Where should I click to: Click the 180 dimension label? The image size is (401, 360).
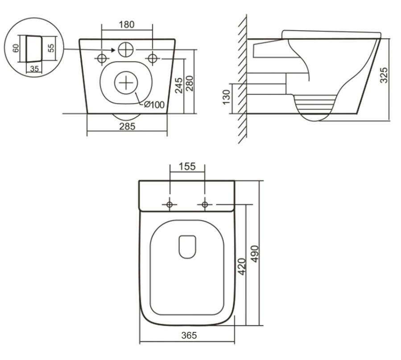tap(127, 25)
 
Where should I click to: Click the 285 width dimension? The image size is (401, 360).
tap(127, 127)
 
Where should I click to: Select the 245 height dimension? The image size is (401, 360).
tap(179, 85)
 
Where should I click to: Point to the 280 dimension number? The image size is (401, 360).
tap(190, 83)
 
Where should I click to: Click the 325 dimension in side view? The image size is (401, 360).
tap(384, 75)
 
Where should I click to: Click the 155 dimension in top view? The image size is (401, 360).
tap(187, 167)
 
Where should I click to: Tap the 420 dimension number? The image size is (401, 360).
tap(242, 266)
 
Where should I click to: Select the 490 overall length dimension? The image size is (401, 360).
tap(255, 254)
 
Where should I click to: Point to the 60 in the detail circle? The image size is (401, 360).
tap(16, 48)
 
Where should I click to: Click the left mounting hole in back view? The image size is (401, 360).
tap(102, 58)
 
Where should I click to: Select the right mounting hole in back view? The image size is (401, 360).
tap(153, 58)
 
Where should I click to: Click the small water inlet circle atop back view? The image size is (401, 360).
tap(125, 49)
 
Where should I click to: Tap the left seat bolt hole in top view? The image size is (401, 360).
tap(169, 205)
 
